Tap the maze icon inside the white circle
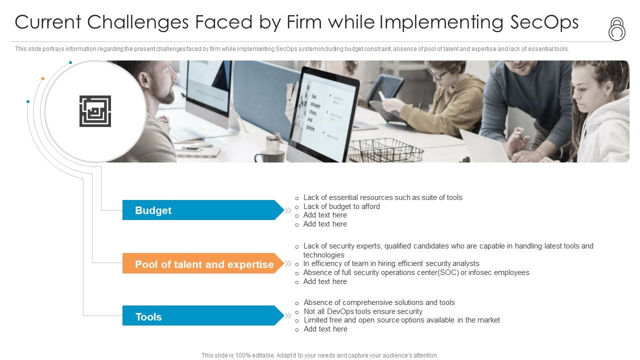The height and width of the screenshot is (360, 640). click(95, 111)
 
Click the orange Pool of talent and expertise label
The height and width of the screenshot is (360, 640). click(203, 263)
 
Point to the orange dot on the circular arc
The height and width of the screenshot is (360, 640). click(42, 78)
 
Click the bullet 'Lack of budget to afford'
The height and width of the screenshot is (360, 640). click(341, 206)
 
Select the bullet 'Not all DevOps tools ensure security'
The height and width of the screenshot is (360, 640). click(363, 311)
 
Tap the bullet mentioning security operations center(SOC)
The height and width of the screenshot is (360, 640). click(416, 272)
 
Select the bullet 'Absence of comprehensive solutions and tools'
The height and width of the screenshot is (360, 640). click(379, 302)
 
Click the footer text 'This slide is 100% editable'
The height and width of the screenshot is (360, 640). click(319, 355)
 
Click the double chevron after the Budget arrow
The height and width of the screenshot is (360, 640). click(288, 210)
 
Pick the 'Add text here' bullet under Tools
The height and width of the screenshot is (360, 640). click(325, 329)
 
